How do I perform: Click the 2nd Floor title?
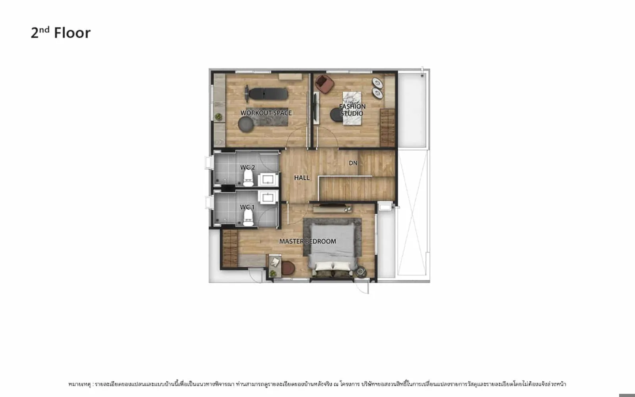click(x=61, y=33)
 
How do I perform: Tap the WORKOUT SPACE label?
click(x=266, y=113)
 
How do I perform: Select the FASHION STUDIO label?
click(x=352, y=110)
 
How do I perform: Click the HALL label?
click(x=302, y=178)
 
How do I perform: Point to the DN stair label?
click(x=353, y=163)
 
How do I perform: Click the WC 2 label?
click(x=248, y=167)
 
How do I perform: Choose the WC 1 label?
click(x=248, y=207)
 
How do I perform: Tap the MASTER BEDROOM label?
click(x=308, y=241)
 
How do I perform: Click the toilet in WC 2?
click(x=248, y=178)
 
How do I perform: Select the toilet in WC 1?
click(x=248, y=218)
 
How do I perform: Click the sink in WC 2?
click(x=268, y=179)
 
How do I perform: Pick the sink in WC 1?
click(x=268, y=197)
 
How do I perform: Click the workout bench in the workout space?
click(x=266, y=94)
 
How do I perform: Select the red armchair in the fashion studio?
click(x=325, y=84)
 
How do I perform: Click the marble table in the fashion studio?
click(x=352, y=108)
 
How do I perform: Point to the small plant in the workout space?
click(x=219, y=117)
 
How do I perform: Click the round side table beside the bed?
click(x=361, y=272)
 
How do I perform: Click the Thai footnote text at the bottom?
click(x=317, y=384)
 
